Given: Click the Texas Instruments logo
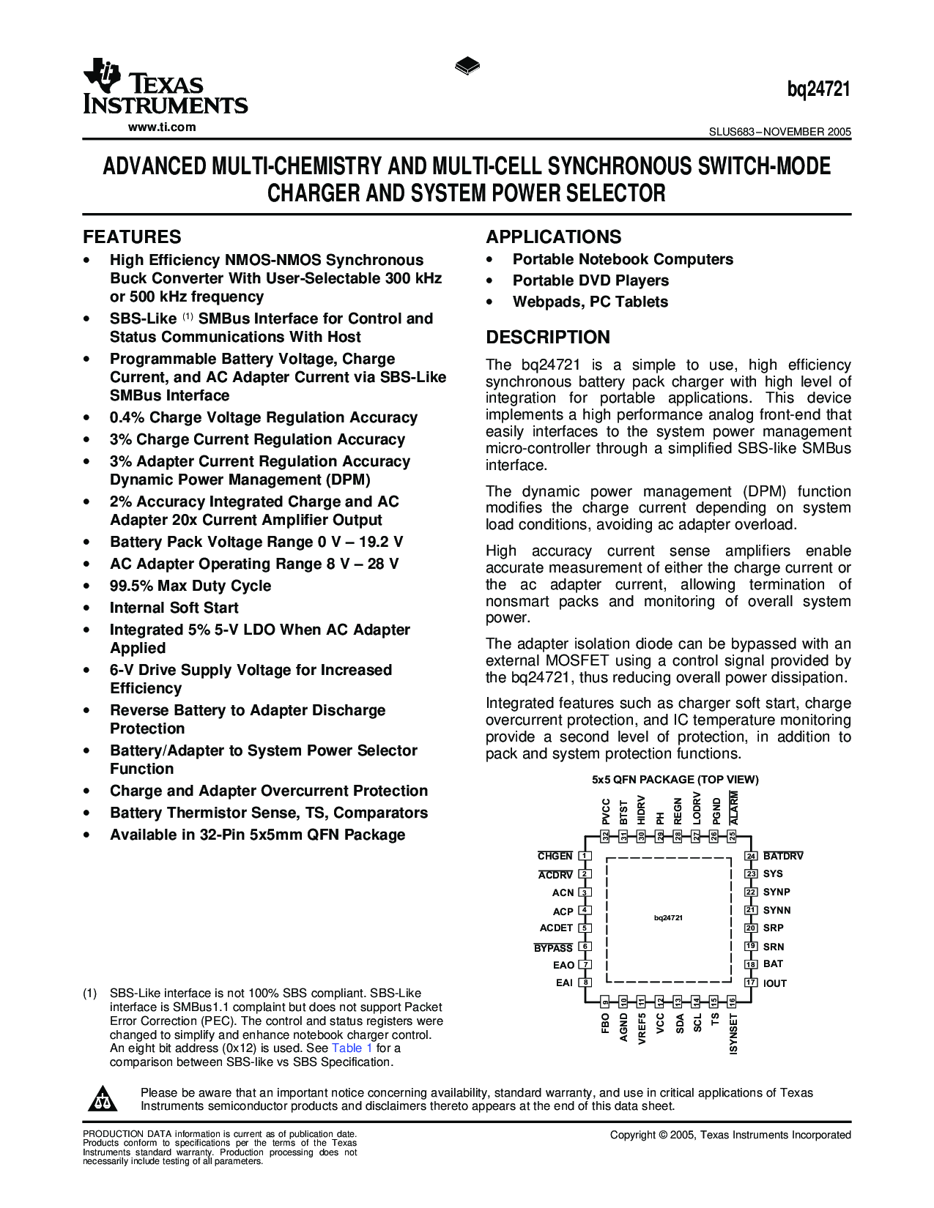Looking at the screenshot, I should pos(165,87).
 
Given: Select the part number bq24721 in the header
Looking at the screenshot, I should pos(818,89).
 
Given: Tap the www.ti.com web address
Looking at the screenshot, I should pos(162,127).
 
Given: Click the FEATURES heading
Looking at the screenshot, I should pos(132,237).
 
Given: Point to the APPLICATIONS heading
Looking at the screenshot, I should pos(553,237).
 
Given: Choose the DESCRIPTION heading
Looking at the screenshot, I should pos(548,338).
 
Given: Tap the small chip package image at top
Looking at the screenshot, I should pos(467,67).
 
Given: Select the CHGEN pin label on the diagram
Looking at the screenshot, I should pos(555,856).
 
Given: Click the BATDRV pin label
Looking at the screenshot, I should pos(783,856).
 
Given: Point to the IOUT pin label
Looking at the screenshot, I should pos(775,983).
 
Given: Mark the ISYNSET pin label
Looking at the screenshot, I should pos(733,1034).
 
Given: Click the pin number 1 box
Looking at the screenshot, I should pos(585,856).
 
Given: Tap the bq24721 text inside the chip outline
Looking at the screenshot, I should pos(668,917).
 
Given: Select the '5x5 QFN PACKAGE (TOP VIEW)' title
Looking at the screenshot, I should pos(675,780).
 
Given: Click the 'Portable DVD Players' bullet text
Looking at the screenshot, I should pos(590,280).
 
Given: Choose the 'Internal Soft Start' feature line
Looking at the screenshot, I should pos(174,608).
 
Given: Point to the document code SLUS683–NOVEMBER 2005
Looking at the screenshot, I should pos(779,133).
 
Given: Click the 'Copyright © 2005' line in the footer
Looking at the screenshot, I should pos(730,1135).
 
